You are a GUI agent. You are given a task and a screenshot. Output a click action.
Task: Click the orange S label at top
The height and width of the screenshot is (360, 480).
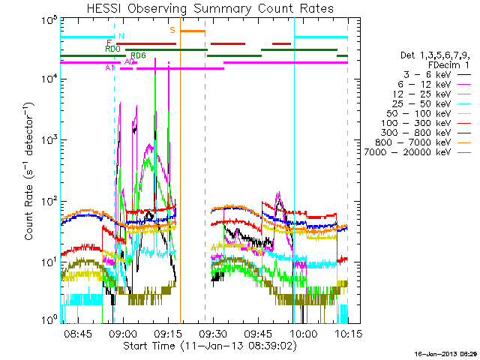coord(172,31)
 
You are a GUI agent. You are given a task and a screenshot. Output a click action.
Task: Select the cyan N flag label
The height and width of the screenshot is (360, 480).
coord(121,35)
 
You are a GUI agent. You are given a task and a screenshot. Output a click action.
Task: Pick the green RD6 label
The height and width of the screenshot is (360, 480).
coord(138,55)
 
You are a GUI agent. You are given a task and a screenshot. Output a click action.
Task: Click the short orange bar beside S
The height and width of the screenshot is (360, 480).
coord(193,31)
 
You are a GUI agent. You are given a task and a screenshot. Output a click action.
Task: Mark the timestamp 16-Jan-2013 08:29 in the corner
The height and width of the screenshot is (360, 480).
coord(446,353)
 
